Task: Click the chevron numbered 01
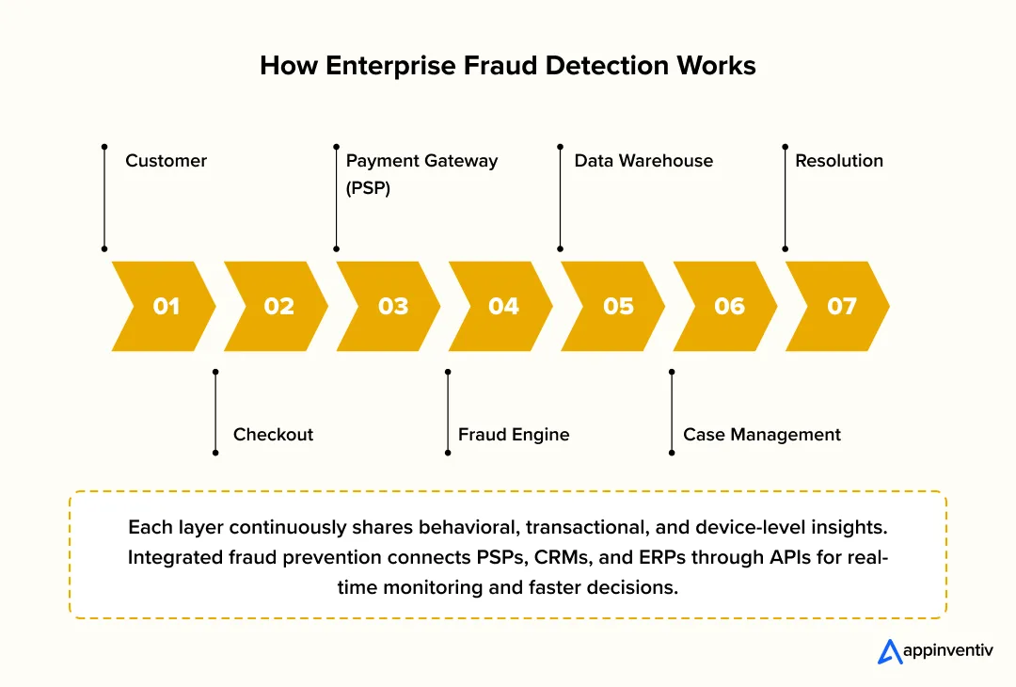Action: [x=165, y=306]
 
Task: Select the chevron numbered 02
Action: [x=278, y=306]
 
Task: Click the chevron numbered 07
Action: [x=840, y=306]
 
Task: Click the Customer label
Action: [x=166, y=161]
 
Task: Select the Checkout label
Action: [x=273, y=435]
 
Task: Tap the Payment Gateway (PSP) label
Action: [x=421, y=173]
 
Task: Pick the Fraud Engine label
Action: [x=514, y=435]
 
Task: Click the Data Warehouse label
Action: [x=643, y=161]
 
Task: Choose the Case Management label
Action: [x=762, y=435]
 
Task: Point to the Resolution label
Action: [x=839, y=161]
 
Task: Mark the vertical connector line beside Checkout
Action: [x=215, y=412]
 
